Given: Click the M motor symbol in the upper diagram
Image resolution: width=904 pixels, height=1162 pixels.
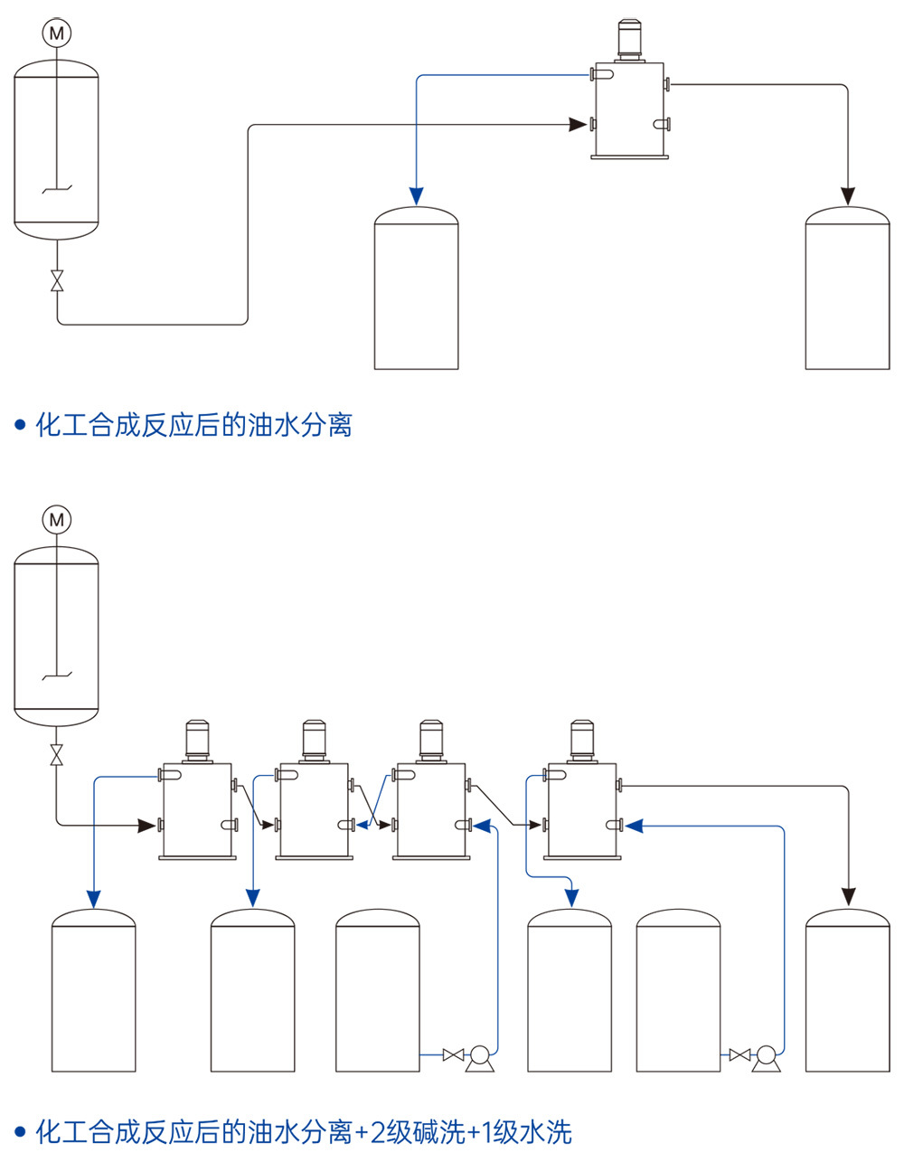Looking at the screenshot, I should tap(57, 33).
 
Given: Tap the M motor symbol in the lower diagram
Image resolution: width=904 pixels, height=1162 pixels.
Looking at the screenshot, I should tap(57, 520).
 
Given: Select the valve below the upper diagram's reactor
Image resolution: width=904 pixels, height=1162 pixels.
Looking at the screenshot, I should tap(57, 280).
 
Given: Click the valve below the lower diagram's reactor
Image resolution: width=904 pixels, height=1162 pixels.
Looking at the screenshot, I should tap(57, 753).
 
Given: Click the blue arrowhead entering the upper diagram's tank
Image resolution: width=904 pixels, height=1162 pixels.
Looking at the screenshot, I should tap(416, 196).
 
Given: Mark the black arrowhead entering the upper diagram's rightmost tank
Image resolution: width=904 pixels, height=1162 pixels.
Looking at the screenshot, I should tap(847, 196).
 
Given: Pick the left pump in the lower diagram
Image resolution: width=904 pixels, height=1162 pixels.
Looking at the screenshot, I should tap(480, 1056).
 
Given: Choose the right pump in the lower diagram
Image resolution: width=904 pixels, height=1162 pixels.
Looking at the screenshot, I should tap(766, 1056).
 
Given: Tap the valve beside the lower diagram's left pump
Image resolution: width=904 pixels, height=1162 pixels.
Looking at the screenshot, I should tap(453, 1054).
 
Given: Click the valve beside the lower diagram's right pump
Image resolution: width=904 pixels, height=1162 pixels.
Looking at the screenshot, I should tap(739, 1054).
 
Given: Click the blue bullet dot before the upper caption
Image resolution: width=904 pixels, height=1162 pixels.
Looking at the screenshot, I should tap(20, 425).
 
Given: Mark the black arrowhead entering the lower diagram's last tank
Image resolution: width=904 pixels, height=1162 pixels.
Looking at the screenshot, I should tap(847, 896).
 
